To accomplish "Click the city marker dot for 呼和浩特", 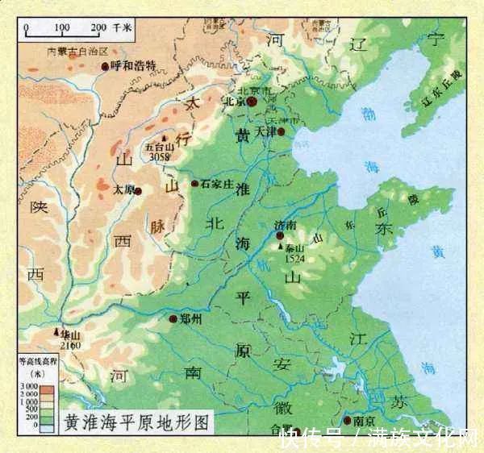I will point(105,65).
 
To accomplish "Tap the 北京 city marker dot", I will point(252,102).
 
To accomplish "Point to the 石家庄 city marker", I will point(194,185).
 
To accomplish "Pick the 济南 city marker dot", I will point(279,235).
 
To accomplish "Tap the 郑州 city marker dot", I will point(173,319).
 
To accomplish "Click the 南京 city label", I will point(363,421).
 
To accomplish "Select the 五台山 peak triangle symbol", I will point(165,138).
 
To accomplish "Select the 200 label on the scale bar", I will point(97,28).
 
